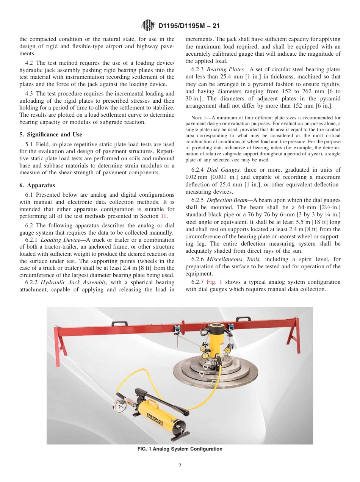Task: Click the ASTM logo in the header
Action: click(x=148, y=26)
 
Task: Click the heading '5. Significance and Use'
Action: click(x=51, y=135)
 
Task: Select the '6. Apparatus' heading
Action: click(x=37, y=185)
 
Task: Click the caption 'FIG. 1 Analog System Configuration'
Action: click(x=180, y=449)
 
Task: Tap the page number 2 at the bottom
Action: click(x=180, y=466)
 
